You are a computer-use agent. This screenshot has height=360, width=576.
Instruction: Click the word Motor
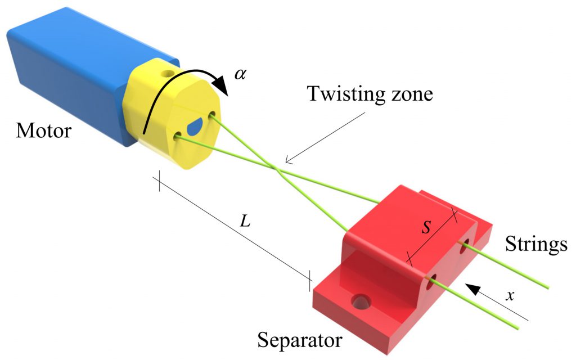pyautogui.click(x=44, y=131)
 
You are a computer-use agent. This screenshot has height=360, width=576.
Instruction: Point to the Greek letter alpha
pyautogui.click(x=240, y=74)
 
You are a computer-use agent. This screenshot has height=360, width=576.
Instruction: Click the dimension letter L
pyautogui.click(x=245, y=221)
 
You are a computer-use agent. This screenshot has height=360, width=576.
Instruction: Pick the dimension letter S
pyautogui.click(x=427, y=228)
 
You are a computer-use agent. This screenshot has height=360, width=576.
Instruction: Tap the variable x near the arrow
pyautogui.click(x=510, y=295)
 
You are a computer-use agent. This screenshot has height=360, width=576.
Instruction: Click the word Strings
pyautogui.click(x=535, y=245)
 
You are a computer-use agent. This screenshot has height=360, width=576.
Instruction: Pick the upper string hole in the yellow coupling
pyautogui.click(x=213, y=115)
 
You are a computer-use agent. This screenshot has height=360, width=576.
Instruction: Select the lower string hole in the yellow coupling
pyautogui.click(x=179, y=136)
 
